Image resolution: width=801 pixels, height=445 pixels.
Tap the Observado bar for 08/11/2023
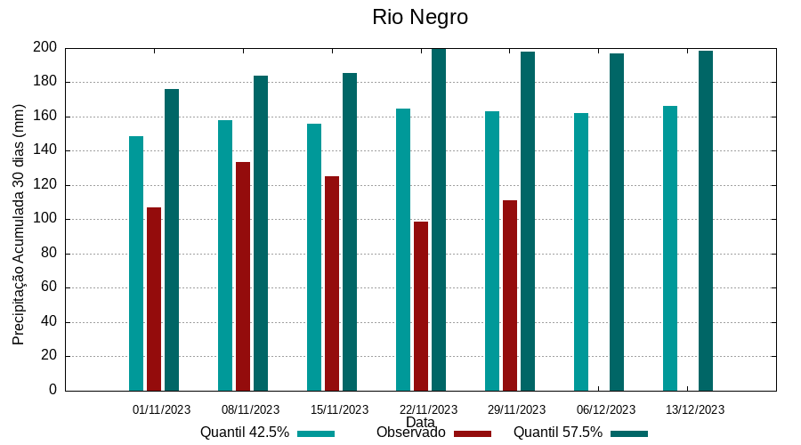click(243, 276)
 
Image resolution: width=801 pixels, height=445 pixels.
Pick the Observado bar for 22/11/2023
click(421, 305)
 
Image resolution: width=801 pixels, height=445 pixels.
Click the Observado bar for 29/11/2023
click(510, 295)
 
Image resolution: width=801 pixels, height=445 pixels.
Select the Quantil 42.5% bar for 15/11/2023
click(314, 256)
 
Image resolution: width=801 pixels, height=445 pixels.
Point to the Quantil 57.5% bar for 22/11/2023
click(439, 219)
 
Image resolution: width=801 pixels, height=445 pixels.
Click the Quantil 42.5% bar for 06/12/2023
click(581, 251)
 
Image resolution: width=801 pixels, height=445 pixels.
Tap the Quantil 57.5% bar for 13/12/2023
click(706, 220)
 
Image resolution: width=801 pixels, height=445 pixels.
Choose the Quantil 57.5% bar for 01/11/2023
click(172, 239)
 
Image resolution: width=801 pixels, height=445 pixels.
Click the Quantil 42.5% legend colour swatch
click(316, 433)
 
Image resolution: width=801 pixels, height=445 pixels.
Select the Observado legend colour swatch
click(473, 433)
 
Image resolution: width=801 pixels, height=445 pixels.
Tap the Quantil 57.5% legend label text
click(558, 433)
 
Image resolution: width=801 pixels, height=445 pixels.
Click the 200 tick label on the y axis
click(46, 47)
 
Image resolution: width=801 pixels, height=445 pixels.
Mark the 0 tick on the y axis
click(53, 390)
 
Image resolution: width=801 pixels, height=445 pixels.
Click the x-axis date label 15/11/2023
click(339, 409)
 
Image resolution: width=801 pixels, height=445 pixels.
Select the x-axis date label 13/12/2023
click(695, 409)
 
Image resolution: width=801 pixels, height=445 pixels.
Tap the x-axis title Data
click(420, 422)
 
